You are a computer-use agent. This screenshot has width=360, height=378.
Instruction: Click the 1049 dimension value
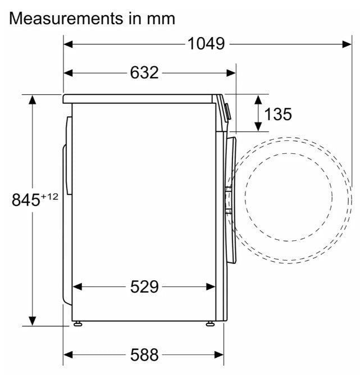point(206,44)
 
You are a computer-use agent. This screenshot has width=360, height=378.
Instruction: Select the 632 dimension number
point(144,72)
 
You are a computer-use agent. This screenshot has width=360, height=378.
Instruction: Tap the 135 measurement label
point(278,114)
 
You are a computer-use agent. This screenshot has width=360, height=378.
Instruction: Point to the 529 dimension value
point(144,286)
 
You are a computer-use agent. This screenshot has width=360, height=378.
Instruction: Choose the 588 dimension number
point(144,354)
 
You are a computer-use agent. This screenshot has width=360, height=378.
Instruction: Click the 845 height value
point(26,200)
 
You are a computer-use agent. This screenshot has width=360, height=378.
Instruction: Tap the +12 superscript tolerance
point(49,197)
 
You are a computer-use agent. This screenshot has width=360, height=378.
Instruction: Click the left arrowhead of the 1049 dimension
point(69,44)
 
